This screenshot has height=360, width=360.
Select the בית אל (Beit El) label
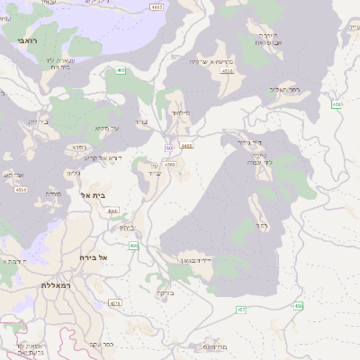click(94, 195)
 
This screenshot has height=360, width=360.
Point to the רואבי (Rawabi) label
click(27, 40)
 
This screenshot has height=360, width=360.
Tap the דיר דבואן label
click(193, 260)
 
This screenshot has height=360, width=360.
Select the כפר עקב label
click(101, 344)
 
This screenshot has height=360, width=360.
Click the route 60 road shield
click(168, 148)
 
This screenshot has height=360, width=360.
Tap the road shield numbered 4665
click(158, 7)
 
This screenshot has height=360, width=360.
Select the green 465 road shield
click(121, 69)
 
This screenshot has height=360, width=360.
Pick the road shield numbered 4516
click(20, 190)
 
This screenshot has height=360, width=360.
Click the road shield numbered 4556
click(228, 70)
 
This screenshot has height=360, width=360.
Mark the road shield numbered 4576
click(115, 303)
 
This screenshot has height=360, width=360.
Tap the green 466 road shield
click(133, 245)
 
